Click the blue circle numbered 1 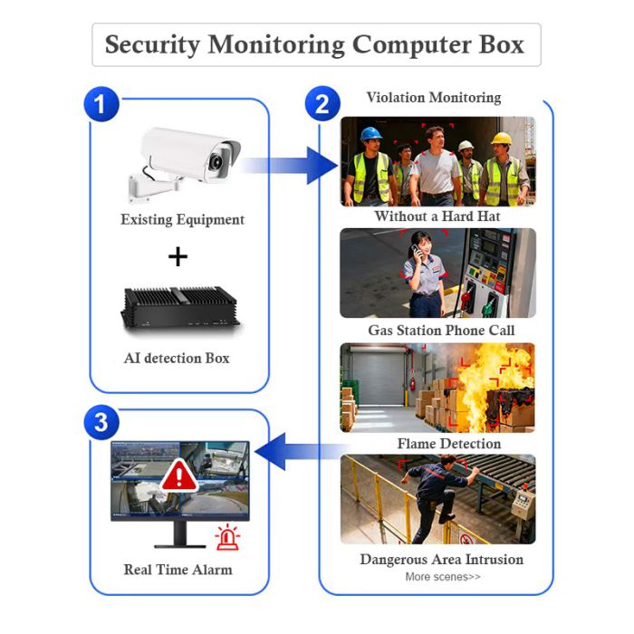(101, 104)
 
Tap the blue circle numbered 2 (322, 103)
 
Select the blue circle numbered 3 (101, 422)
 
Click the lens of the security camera (217, 161)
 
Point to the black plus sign (178, 256)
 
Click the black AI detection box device (180, 309)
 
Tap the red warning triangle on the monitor (178, 475)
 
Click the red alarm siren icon (227, 537)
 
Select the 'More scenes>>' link (443, 577)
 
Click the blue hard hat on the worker (370, 134)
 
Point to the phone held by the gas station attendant (417, 252)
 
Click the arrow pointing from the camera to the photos (289, 165)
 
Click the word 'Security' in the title (152, 44)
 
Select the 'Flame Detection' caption (449, 444)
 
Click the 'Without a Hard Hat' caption (437, 216)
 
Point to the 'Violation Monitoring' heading (434, 98)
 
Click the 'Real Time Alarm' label (178, 570)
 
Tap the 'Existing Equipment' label (182, 219)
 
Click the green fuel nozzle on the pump (490, 306)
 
